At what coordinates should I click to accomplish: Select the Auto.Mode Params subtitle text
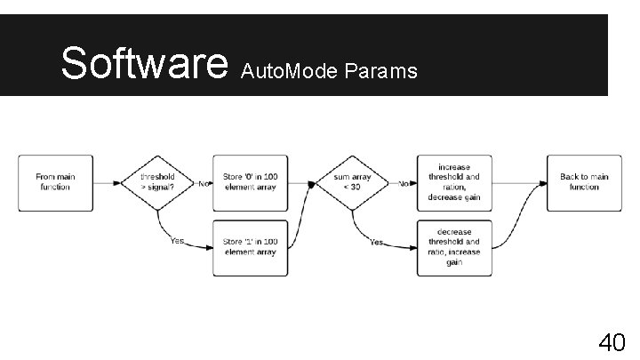(329, 71)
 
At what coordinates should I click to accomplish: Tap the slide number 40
(612, 341)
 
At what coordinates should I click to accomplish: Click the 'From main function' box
(55, 182)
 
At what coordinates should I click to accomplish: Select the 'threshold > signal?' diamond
(157, 182)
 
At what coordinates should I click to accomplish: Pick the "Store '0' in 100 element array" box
(251, 182)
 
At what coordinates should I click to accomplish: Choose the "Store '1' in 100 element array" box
(251, 247)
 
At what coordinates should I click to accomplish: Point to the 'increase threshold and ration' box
(454, 182)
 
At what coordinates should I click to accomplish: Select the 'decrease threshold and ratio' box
(454, 247)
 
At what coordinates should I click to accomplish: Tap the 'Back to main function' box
(584, 182)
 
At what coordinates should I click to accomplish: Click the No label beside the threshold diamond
(204, 184)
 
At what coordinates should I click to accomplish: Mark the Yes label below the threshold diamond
(177, 241)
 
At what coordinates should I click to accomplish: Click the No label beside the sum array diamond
(404, 184)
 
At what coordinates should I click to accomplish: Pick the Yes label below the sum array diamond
(376, 241)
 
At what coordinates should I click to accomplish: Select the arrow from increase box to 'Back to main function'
(518, 183)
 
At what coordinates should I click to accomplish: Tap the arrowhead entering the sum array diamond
(313, 183)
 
